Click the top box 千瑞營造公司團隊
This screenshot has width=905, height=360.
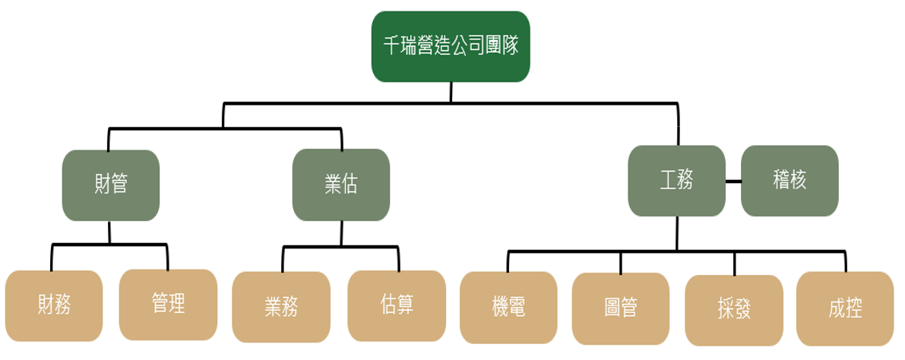pyautogui.click(x=451, y=46)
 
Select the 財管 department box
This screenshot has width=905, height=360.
pyautogui.click(x=111, y=185)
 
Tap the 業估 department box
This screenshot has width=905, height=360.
pyautogui.click(x=341, y=185)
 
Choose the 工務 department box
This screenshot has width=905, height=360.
pyautogui.click(x=676, y=181)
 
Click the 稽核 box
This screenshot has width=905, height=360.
pyautogui.click(x=790, y=181)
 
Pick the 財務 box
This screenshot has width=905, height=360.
pyautogui.click(x=54, y=305)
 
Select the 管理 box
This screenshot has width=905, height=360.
pyautogui.click(x=168, y=304)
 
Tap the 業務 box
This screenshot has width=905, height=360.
pyautogui.click(x=281, y=307)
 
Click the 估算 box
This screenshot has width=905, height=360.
pyautogui.click(x=397, y=305)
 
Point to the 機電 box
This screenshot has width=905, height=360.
pyautogui.click(x=509, y=307)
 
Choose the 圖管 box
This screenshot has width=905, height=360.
pyautogui.click(x=621, y=307)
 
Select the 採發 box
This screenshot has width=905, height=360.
pyautogui.click(x=733, y=310)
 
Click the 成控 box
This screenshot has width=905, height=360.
pyautogui.click(x=845, y=308)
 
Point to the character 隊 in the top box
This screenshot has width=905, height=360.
pyautogui.click(x=510, y=46)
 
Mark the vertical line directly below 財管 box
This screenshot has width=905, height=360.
pyautogui.click(x=110, y=232)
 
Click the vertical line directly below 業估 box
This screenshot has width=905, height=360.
pyautogui.click(x=341, y=232)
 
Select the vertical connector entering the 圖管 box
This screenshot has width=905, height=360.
pyautogui.click(x=621, y=263)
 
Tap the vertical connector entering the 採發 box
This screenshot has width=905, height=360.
pyautogui.click(x=734, y=264)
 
